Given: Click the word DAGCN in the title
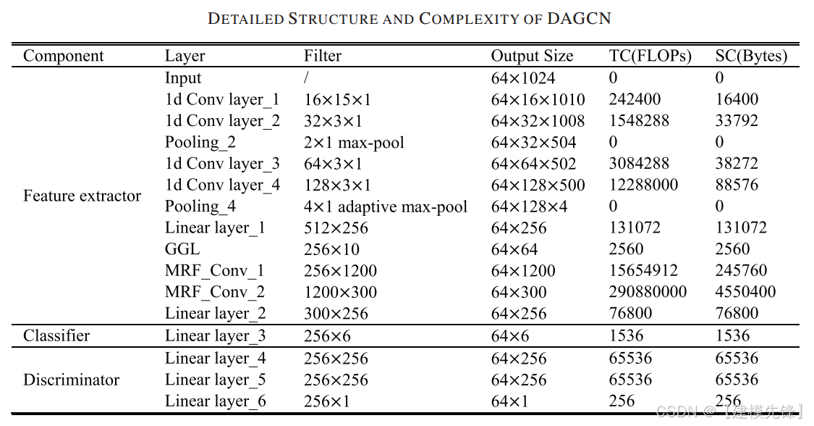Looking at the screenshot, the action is tap(579, 19).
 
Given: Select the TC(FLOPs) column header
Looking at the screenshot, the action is tap(650, 56).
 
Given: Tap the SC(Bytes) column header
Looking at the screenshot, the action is tap(751, 56).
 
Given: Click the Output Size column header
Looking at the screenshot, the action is tap(532, 56).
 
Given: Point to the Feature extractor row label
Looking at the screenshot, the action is tap(82, 196).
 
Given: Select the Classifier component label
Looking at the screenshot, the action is tap(56, 335).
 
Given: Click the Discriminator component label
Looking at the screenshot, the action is tap(71, 380).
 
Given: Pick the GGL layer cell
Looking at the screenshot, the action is tap(183, 249).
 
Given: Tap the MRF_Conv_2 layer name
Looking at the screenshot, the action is tap(215, 292).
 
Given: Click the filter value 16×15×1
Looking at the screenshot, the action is tap(333, 99).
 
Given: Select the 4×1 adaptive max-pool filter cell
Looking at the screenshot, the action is tap(386, 206).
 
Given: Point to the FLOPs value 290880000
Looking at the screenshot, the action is tap(648, 292).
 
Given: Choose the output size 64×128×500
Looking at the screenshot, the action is tap(538, 185).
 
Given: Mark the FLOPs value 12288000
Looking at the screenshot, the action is tap(643, 185).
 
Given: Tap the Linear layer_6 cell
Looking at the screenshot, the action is tap(215, 401).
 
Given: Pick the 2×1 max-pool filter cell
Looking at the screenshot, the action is tap(354, 142).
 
